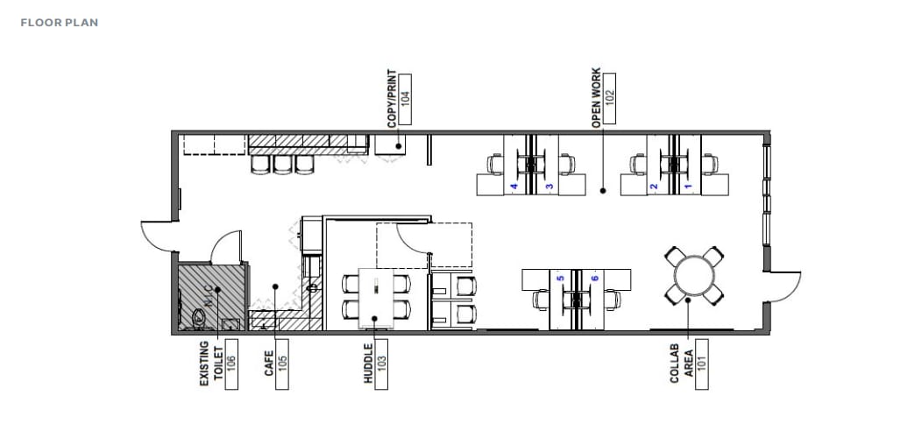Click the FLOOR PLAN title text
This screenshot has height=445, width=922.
tap(59, 22)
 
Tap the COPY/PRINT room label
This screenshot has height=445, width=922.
tap(392, 100)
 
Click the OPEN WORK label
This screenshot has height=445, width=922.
tap(597, 97)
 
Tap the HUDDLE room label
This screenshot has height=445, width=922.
tap(368, 363)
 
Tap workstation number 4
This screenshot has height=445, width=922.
tap(514, 187)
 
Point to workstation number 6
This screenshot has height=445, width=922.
tap(594, 279)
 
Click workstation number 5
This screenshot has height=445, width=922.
tap(560, 279)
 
